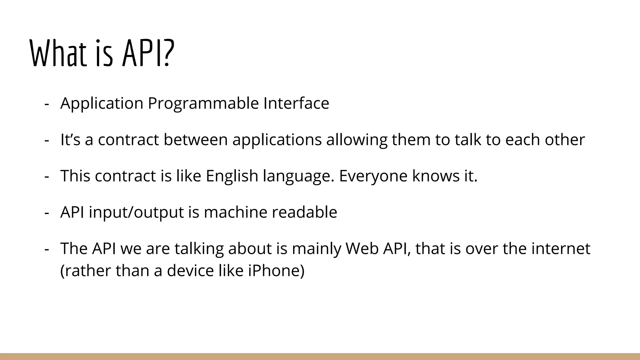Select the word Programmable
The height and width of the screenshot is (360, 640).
(x=203, y=103)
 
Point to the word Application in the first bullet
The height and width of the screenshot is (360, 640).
(x=102, y=103)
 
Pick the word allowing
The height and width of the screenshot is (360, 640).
(x=357, y=140)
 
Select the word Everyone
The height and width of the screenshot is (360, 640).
(x=373, y=176)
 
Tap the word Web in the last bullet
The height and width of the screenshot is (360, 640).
(x=362, y=248)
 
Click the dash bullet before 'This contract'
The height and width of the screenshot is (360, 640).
(x=47, y=176)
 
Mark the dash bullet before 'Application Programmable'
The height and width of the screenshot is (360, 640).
(x=47, y=103)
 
